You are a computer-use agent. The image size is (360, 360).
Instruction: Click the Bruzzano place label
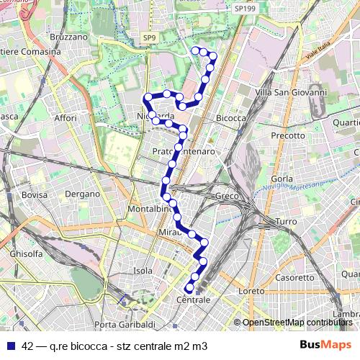[x=68, y=35]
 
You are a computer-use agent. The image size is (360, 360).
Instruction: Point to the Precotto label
[x=288, y=135]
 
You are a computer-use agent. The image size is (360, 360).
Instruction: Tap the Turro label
[x=286, y=222]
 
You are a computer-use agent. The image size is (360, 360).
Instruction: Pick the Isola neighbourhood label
[x=143, y=271]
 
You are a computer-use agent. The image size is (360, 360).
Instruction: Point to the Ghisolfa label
[x=26, y=253]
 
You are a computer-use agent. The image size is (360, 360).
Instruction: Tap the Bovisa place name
[x=34, y=194]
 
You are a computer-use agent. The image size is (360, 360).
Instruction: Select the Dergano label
[x=82, y=194]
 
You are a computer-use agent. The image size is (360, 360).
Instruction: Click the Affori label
[x=65, y=117]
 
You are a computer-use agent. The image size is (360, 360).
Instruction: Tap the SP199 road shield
[x=245, y=8]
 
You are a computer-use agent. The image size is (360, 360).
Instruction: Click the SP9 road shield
[x=149, y=37]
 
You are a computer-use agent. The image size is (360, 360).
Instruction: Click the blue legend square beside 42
[x=9, y=346]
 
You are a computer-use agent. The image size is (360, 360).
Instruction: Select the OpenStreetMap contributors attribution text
[x=297, y=323]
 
